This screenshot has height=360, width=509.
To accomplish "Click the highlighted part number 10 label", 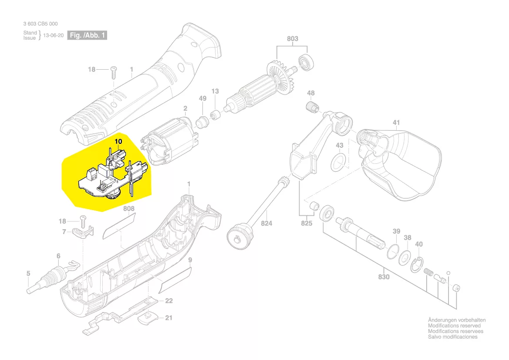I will click(118, 142).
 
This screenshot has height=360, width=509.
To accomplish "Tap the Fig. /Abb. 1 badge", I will click(87, 35).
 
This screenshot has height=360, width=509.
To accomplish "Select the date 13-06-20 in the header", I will click(53, 36).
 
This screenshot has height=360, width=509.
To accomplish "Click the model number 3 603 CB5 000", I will click(40, 24).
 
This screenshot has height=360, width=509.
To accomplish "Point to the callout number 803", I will click(293, 39).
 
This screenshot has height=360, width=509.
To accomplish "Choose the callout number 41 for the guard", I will click(396, 123).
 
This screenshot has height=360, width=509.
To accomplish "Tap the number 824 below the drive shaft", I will click(266, 224).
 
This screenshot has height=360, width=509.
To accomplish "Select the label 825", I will click(307, 224).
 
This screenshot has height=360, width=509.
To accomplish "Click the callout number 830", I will click(384, 277).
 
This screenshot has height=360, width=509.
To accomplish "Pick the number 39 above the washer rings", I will click(396, 231).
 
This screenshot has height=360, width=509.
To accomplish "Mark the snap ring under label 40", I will click(418, 265).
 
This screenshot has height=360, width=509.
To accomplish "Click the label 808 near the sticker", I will click(128, 209).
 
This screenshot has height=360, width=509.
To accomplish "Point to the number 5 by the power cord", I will click(28, 274).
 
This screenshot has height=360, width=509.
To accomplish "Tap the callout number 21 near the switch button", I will click(169, 318).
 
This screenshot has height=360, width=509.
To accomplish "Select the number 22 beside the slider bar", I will click(169, 301).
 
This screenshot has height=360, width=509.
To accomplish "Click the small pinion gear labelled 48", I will click(310, 107).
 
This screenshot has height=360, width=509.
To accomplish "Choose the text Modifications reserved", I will click(454, 326).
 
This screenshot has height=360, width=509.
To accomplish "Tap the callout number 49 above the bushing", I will click(202, 99).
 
